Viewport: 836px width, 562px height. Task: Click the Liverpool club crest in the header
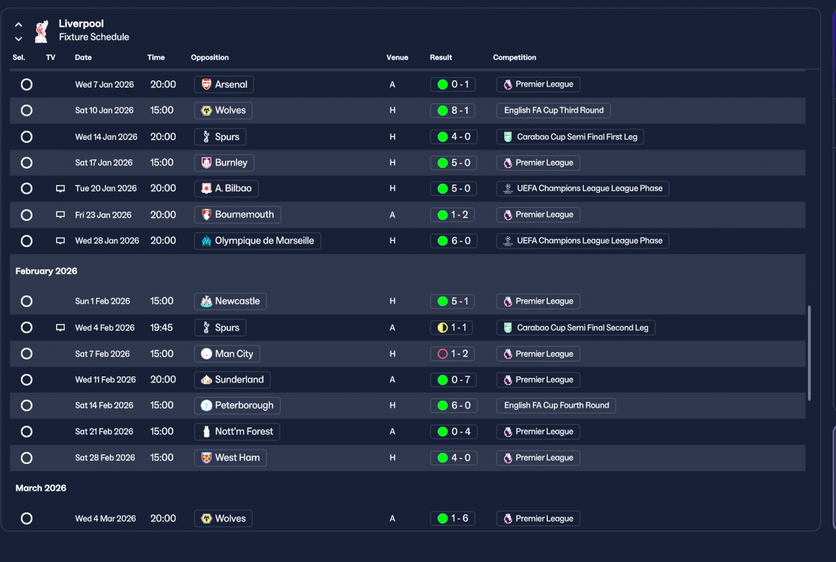(41, 31)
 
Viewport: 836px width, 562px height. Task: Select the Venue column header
(397, 58)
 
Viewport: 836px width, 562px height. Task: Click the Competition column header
(514, 58)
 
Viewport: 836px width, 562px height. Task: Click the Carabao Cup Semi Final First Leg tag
(570, 137)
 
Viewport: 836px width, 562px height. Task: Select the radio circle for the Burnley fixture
(27, 163)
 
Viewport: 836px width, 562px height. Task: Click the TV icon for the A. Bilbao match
(60, 189)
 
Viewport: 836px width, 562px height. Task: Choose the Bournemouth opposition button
(237, 215)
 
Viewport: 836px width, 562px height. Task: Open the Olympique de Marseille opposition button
(257, 241)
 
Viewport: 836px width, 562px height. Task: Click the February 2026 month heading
(46, 271)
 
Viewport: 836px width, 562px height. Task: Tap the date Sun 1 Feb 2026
(103, 301)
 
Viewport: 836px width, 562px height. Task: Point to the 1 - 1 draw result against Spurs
(451, 328)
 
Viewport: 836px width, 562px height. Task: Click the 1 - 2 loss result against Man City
(453, 354)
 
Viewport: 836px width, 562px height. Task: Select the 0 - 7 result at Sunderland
(453, 380)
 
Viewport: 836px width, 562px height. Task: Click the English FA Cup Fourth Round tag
(556, 406)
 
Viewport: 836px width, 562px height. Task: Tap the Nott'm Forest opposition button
(237, 432)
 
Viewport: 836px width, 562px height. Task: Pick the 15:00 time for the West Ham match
(161, 458)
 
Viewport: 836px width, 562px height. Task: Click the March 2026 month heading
(40, 488)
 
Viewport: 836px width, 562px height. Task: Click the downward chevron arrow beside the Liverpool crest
(18, 39)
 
